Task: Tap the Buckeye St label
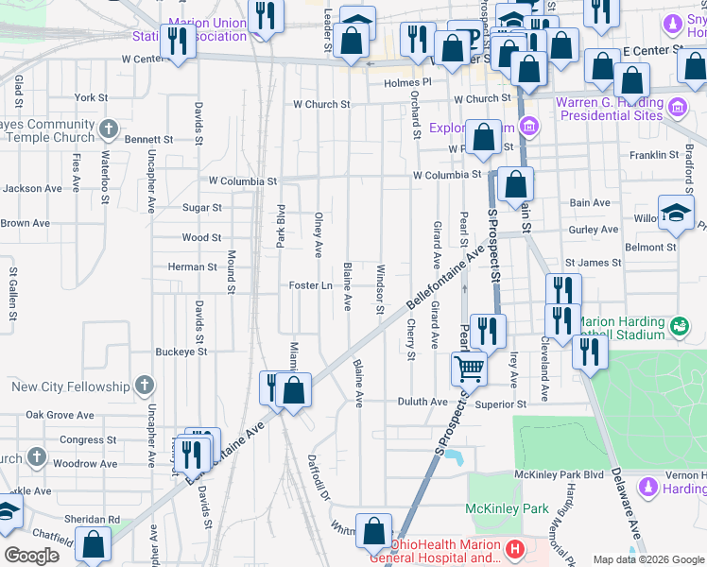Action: [x=181, y=352]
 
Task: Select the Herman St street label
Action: [x=192, y=267]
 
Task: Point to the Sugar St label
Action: [x=201, y=208]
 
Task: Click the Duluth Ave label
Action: [x=425, y=402]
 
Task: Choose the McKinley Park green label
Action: [x=508, y=508]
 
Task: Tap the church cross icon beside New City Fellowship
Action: [x=143, y=386]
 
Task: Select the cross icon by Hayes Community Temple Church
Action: [x=110, y=129]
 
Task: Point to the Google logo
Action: [x=31, y=556]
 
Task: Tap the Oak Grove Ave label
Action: [x=60, y=415]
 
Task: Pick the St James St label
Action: [x=593, y=262]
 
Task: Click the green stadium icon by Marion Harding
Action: [x=678, y=327]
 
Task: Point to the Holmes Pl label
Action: [x=407, y=82]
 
